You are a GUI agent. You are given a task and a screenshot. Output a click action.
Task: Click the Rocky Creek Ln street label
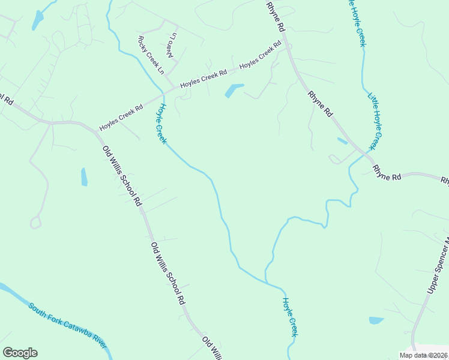151,55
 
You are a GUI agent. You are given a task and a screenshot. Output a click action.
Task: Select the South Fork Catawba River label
67,326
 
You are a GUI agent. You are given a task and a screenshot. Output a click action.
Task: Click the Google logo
20,353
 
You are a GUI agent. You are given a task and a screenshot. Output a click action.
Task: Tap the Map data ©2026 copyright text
424,355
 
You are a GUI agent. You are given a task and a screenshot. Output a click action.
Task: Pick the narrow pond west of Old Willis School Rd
84,177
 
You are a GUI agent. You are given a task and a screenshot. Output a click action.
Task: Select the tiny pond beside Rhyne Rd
342,141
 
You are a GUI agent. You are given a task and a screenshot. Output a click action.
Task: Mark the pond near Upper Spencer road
376,320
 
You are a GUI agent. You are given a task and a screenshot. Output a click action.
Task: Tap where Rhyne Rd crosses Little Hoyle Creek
365,155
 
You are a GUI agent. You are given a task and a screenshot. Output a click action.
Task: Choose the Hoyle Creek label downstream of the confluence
291,317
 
